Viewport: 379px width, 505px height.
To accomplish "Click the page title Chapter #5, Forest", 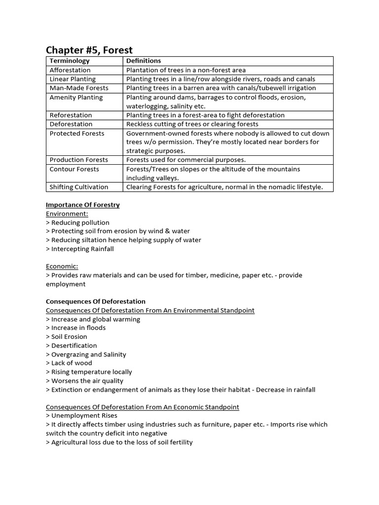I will pos(89,50).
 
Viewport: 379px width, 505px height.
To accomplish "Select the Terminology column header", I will pos(70,61).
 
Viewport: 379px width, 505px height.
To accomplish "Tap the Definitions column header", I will pos(144,61).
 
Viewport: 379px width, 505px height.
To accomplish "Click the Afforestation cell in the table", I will pos(70,70).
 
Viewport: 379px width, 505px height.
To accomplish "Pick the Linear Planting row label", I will pos(73,79).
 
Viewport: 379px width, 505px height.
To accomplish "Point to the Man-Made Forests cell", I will pos(79,88).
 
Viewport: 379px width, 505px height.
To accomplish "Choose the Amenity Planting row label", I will pos(76,97).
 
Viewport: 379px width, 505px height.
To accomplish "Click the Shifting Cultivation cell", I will pos(79,187).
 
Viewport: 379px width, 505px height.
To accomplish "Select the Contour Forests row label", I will pos(74,169).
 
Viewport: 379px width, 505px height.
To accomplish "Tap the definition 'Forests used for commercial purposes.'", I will pos(186,160).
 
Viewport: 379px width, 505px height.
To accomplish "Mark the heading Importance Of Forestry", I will pos(83,205).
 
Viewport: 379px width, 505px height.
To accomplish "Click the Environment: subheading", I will pos(67,214).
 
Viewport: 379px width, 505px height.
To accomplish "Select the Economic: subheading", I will pos(62,266).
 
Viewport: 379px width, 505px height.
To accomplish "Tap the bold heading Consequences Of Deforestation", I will pos(96,301).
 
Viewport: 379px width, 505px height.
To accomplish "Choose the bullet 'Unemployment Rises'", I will pos(80,416).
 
